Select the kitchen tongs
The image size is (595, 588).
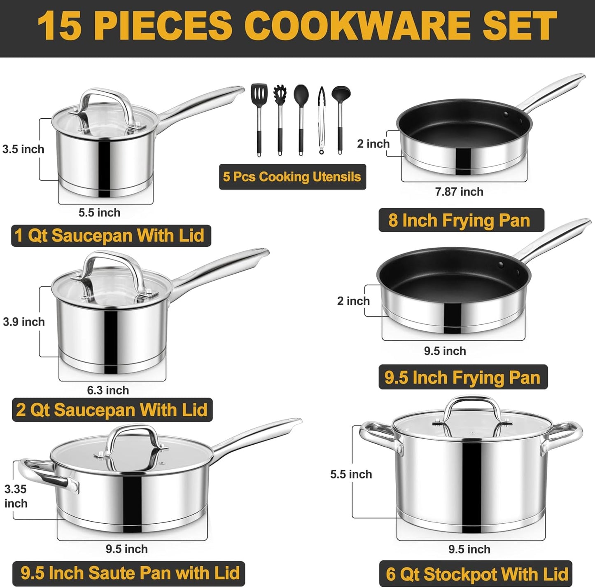coord(321,119)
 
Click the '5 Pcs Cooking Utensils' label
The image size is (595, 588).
coord(292,177)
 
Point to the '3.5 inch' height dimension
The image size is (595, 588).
coord(23,149)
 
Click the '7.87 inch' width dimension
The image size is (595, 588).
coord(459,192)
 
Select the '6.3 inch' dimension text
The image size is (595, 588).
coord(108,390)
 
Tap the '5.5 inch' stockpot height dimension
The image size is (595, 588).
coord(351,474)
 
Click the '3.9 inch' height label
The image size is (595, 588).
coord(24,322)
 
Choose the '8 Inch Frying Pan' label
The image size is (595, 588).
coord(460,220)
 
